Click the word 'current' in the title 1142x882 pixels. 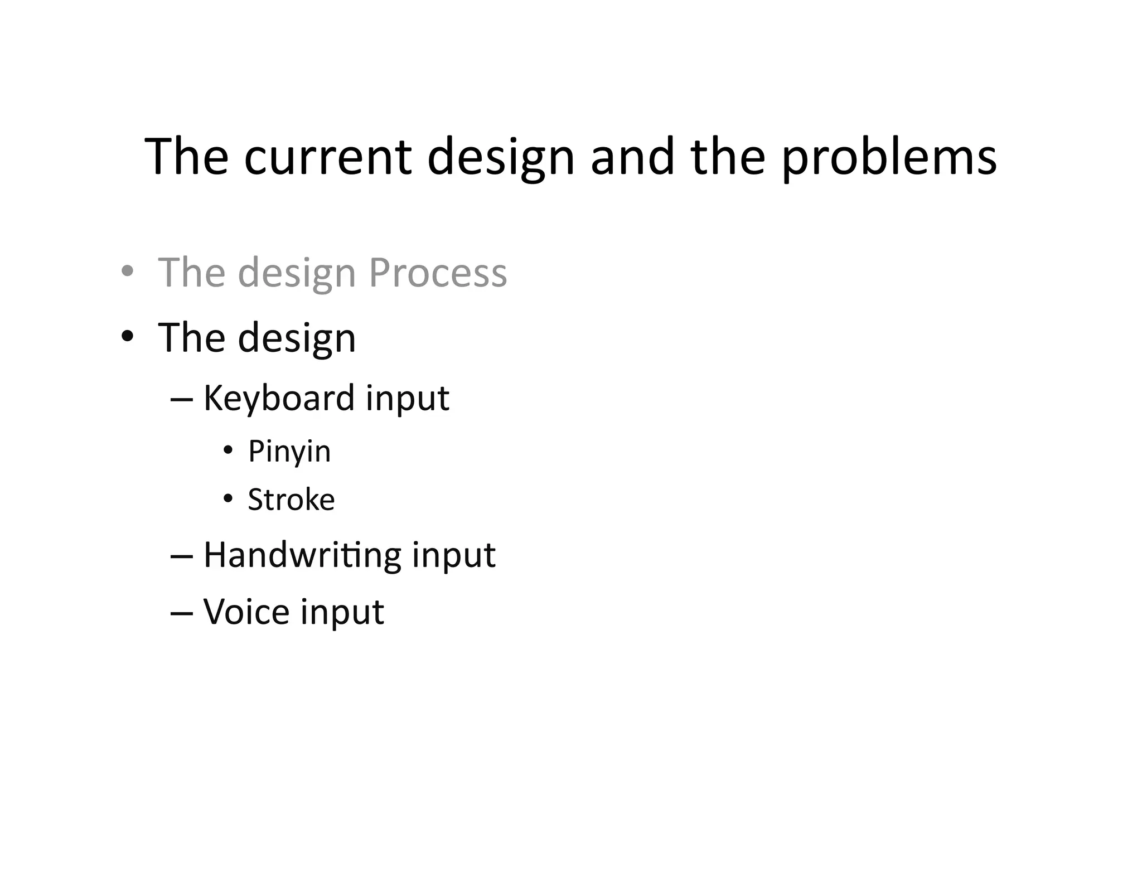click(328, 158)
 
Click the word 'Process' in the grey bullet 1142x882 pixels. click(438, 273)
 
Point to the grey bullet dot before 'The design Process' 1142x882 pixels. click(128, 272)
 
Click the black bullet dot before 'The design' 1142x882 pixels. click(128, 336)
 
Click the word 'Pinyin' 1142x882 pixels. click(289, 452)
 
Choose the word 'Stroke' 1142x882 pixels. click(291, 500)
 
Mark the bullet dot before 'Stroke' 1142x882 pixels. click(228, 498)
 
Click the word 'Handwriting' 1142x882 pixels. click(302, 555)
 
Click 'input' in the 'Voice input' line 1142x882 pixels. click(342, 613)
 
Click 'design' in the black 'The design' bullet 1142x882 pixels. click(297, 339)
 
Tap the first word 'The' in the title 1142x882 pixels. click(186, 158)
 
